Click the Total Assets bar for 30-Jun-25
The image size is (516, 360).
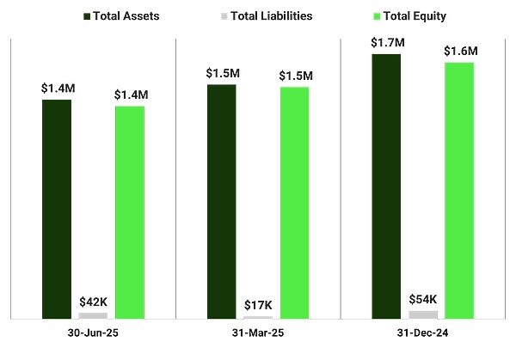(x=57, y=210)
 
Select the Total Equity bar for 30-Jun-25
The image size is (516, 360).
(x=130, y=212)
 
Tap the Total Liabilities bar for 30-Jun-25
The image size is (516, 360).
(x=93, y=315)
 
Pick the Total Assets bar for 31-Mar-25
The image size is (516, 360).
(x=221, y=202)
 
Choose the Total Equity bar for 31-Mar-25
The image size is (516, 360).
(x=294, y=203)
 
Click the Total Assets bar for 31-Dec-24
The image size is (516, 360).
(x=386, y=186)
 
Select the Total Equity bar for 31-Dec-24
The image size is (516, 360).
(x=459, y=191)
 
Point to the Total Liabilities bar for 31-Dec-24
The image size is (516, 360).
(x=422, y=314)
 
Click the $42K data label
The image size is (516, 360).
(x=93, y=302)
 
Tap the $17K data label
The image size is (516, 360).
(x=258, y=305)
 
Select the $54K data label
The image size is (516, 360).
(x=422, y=299)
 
